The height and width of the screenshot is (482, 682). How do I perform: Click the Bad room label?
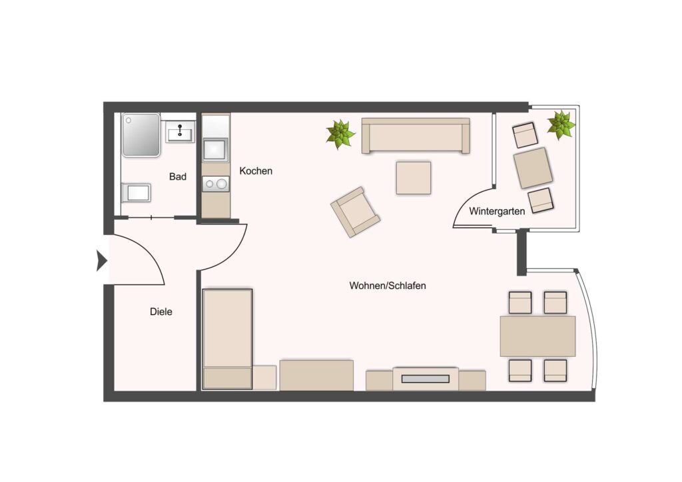[177, 176]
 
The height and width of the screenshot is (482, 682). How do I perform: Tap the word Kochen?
[256, 171]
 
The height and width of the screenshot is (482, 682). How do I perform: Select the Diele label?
[161, 312]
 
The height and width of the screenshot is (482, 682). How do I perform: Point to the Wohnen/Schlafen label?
[388, 286]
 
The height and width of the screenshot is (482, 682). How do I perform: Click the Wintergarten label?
[497, 211]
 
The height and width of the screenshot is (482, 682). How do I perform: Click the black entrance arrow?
[102, 261]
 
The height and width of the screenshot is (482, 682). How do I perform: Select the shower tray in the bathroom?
[141, 134]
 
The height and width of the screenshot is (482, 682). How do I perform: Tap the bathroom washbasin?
[180, 132]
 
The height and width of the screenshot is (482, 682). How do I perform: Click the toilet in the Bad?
[136, 193]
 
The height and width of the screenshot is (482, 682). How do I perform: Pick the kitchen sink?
[215, 150]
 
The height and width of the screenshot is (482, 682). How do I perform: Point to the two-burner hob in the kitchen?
[215, 184]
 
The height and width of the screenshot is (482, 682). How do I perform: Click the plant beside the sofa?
[340, 134]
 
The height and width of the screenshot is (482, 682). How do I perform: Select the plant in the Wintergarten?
[561, 124]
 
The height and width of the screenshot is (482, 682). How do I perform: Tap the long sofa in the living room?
[416, 136]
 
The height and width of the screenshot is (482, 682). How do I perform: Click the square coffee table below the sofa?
[413, 178]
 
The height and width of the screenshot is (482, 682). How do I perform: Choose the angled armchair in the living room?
[355, 212]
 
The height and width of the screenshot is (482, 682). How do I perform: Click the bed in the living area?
[227, 339]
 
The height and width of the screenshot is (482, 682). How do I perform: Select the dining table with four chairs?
[537, 336]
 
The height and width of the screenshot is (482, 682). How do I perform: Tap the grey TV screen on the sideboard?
[426, 379]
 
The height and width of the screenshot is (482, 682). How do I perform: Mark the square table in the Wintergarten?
[533, 168]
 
